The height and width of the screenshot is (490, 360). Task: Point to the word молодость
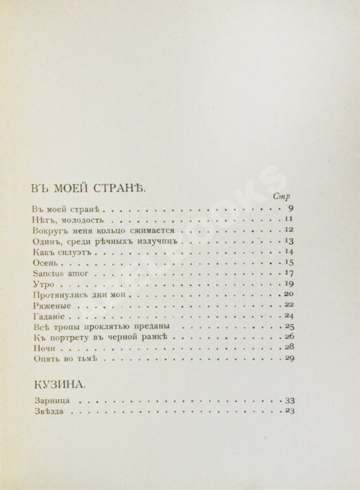pyautogui.click(x=77, y=221)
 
